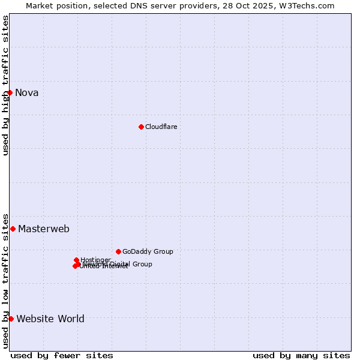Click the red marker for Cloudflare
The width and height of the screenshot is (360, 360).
tap(141, 127)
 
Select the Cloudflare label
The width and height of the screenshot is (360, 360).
tap(161, 127)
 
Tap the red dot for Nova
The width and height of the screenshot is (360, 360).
tap(10, 92)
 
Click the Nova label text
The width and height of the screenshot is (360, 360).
tap(27, 92)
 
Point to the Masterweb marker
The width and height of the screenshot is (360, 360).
tap(13, 229)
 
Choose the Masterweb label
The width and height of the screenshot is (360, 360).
tap(44, 229)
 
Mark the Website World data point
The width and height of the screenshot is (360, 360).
tap(11, 319)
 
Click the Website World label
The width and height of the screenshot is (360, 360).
tap(50, 319)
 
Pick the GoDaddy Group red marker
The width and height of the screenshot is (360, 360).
tap(118, 251)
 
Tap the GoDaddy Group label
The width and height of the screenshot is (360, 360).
tap(148, 251)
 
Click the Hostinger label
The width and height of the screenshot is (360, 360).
tap(96, 260)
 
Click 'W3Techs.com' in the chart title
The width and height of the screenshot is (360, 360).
tap(308, 5)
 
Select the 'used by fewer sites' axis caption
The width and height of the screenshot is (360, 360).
tap(62, 355)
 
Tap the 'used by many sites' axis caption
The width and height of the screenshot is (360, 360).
tap(301, 355)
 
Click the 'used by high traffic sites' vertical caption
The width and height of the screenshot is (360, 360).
tap(5, 85)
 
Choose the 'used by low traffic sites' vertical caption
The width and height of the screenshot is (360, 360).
tap(5, 281)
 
